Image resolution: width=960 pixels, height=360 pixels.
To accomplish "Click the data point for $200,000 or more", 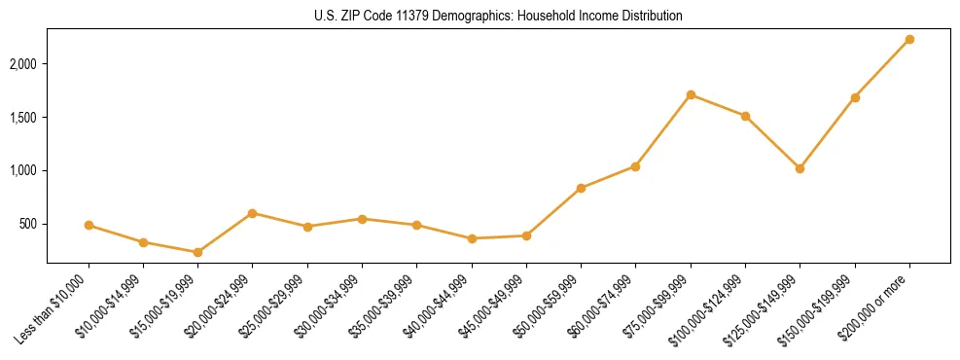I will tap(909, 39).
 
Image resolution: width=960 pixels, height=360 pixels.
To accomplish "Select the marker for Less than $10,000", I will tap(89, 225).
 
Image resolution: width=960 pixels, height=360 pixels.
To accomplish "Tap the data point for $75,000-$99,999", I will tap(691, 94).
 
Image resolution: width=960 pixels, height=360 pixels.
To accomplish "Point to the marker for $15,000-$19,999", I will tap(197, 252).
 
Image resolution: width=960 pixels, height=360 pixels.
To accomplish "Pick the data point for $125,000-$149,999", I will tap(800, 168).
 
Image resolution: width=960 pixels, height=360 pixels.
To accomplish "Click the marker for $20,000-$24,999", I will tap(252, 213).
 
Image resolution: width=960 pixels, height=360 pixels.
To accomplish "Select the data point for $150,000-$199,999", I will tap(855, 97).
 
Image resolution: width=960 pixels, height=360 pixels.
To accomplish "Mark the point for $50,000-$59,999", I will tap(581, 188).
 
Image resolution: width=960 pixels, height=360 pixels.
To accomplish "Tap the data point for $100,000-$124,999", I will tap(745, 116).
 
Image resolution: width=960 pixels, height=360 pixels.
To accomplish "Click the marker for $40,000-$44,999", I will tap(472, 238).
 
